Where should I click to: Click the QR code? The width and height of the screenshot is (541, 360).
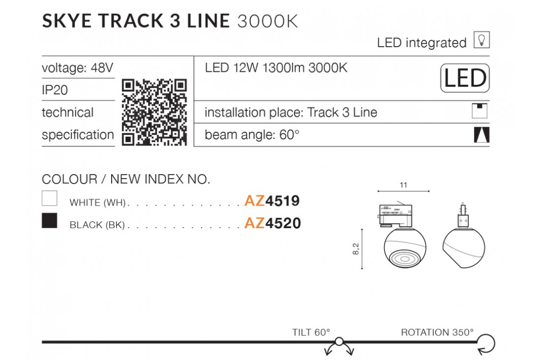tap(154, 112)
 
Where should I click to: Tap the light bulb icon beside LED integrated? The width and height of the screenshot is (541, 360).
tap(481, 40)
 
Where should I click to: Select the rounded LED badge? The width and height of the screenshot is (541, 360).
tap(465, 78)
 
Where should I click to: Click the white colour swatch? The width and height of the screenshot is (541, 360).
tap(49, 199)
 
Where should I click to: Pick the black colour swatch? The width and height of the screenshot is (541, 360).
tap(49, 220)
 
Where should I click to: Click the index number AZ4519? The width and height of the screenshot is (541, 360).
tap(272, 201)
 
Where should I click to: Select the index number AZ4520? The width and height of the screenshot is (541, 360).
tap(272, 223)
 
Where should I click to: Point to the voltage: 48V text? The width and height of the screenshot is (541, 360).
tap(77, 68)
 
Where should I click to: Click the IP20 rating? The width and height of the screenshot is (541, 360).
tap(55, 90)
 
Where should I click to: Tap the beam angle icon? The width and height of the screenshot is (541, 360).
tap(481, 135)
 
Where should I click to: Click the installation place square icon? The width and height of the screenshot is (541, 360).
tap(480, 111)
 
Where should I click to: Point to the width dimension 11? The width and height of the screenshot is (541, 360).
tap(403, 185)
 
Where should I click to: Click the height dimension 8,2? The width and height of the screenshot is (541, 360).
tap(356, 249)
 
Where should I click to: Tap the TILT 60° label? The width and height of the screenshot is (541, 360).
tap(311, 332)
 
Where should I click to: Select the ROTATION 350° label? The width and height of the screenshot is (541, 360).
tap(437, 332)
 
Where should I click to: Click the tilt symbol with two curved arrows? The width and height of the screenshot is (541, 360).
tap(339, 346)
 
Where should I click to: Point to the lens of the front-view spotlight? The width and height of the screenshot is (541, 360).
tap(404, 259)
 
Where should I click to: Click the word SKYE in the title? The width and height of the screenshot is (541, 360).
tap(67, 21)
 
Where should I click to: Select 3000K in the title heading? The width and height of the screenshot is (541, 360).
tap(268, 22)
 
